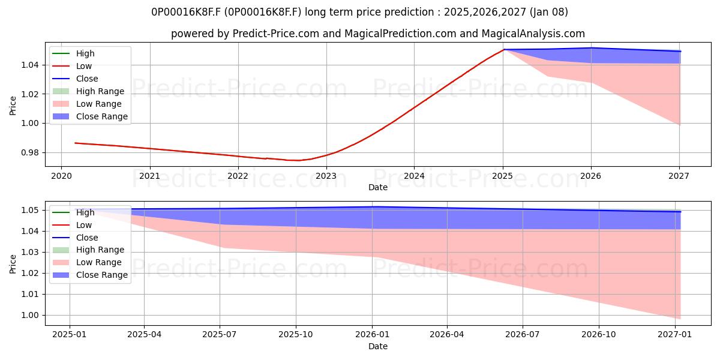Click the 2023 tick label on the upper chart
click(326, 176)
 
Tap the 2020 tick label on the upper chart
click(61, 176)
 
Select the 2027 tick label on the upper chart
click(679, 176)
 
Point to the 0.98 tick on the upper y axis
click(30, 152)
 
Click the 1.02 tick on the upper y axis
click(30, 94)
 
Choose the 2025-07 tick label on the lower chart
click(220, 335)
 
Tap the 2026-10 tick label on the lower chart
click(599, 335)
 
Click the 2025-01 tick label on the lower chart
click(70, 335)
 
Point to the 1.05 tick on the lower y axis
click(30, 211)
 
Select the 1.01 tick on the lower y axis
click(30, 295)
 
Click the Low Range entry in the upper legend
click(87, 104)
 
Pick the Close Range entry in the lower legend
click(90, 275)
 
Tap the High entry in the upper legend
click(73, 53)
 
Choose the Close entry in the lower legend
click(75, 238)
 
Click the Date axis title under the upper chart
click(378, 187)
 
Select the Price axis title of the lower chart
click(13, 264)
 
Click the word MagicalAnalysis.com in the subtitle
click(533, 34)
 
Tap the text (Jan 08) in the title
click(548, 12)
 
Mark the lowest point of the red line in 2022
click(298, 160)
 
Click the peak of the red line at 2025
click(503, 49)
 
